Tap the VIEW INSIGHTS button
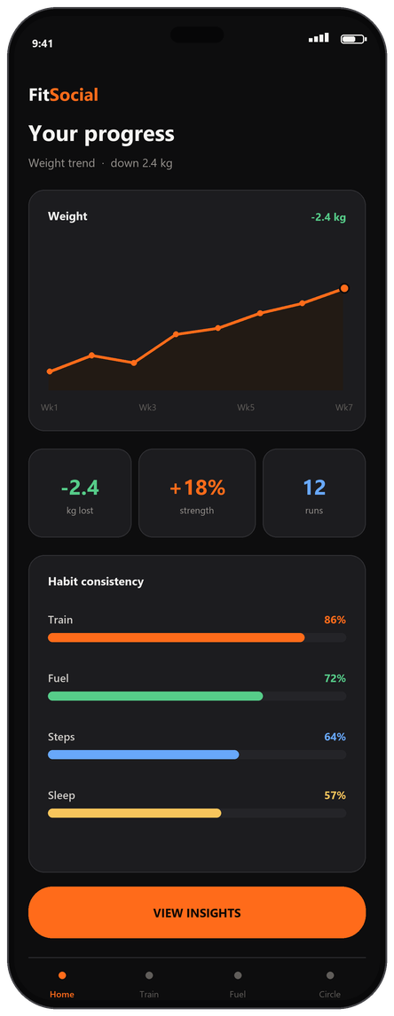coord(197,912)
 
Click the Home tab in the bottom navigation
coord(62,984)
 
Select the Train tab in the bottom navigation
coord(149,984)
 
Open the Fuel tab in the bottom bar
coord(238,984)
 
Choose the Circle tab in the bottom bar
coord(330,984)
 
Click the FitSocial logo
coord(63,95)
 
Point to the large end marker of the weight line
coord(344,288)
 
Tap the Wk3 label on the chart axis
coord(147,408)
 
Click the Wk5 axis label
coord(246,408)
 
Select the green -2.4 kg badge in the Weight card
coord(328,217)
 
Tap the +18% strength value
coord(197,488)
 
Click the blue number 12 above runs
coord(314,488)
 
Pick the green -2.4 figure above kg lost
coord(80,488)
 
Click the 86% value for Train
coord(335,620)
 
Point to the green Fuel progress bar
coord(156,696)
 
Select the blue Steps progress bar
coord(144,754)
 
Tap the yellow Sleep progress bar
coord(135,813)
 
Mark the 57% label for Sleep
coord(335,795)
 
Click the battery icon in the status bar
coord(354,39)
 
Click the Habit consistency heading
coord(96,582)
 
